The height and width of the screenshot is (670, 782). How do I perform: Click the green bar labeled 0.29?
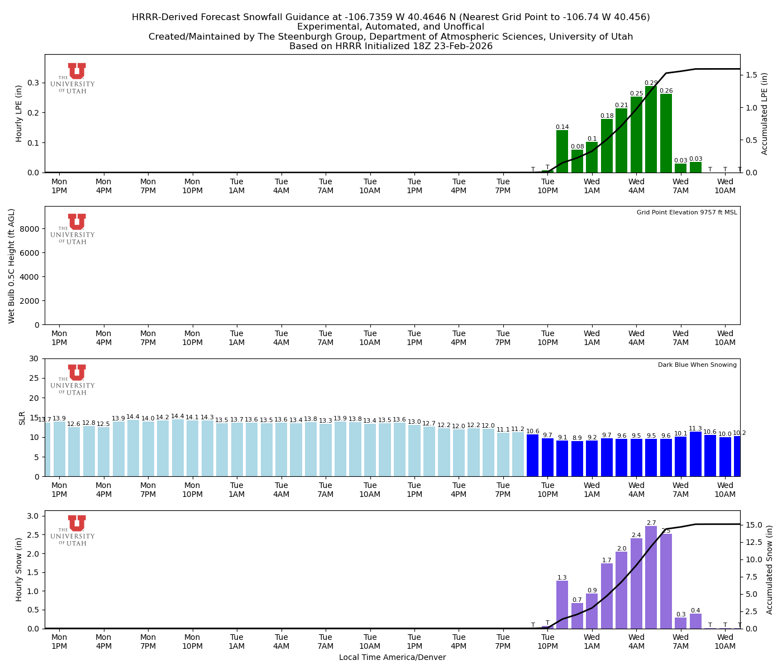click(x=651, y=130)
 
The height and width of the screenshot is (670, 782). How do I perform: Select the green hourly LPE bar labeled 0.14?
click(x=562, y=151)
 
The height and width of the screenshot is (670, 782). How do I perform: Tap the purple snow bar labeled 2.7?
click(x=651, y=577)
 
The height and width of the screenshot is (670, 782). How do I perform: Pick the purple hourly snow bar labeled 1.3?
click(x=562, y=605)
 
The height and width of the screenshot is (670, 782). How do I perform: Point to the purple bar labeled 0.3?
click(x=680, y=623)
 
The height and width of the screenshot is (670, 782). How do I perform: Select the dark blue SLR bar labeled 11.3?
click(x=695, y=454)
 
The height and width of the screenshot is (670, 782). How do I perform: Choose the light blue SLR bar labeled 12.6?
click(x=74, y=452)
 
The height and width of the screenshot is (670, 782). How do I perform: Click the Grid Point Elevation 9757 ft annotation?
click(x=686, y=213)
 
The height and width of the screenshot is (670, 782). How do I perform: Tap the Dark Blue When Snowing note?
click(x=697, y=365)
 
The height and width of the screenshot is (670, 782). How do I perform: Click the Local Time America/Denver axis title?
click(x=392, y=657)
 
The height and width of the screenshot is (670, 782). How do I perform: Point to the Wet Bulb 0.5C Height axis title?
click(x=12, y=266)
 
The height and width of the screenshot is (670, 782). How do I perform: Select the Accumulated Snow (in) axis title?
click(x=770, y=569)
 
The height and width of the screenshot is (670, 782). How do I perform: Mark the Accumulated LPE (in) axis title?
click(x=765, y=113)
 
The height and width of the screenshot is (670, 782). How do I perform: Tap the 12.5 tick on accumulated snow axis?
click(x=754, y=542)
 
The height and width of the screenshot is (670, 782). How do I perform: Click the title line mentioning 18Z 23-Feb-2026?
click(x=391, y=46)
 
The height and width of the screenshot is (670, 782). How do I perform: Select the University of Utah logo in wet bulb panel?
click(x=73, y=229)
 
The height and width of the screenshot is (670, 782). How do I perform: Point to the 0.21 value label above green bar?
click(x=621, y=106)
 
